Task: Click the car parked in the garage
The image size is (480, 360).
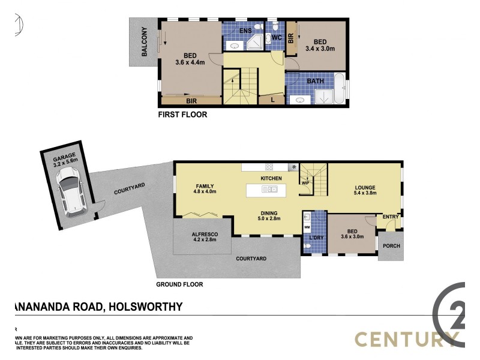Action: pyautogui.click(x=71, y=191)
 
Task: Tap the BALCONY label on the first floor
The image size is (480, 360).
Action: pyautogui.click(x=145, y=43)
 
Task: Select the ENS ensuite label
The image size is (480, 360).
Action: pyautogui.click(x=245, y=30)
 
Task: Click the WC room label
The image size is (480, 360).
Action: pyautogui.click(x=277, y=38)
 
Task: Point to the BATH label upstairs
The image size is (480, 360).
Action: pyautogui.click(x=316, y=81)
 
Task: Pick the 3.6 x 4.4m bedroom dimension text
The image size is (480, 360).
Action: pyautogui.click(x=190, y=62)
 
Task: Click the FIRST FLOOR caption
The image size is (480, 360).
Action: pyautogui.click(x=182, y=115)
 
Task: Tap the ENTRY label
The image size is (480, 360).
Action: pyautogui.click(x=391, y=217)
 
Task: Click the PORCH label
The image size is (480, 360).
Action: pyautogui.click(x=391, y=247)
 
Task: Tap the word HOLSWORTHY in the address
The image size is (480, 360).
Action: pyautogui.click(x=145, y=307)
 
